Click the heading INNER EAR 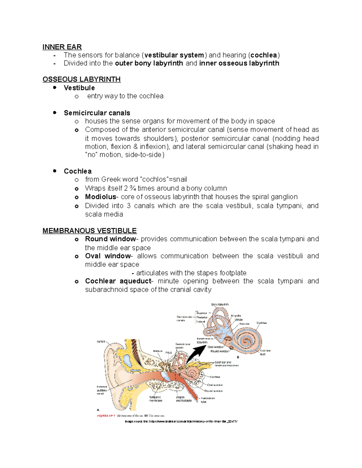coord(62,47)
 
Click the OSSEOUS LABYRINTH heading coord(81,79)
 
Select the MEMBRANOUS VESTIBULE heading coord(90,231)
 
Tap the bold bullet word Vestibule coord(79,88)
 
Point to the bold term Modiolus coord(100,197)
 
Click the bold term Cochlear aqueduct coord(118,281)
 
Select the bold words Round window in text coord(110,239)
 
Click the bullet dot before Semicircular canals coord(55,113)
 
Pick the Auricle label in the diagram coord(101,341)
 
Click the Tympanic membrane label coord(155,399)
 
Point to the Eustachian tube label coord(208,400)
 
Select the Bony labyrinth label coord(220,305)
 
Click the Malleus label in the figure coord(157,351)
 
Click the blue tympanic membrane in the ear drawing coord(165,375)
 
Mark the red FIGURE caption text coord(106,416)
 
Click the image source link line coord(181,421)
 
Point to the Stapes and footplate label coord(183,399)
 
